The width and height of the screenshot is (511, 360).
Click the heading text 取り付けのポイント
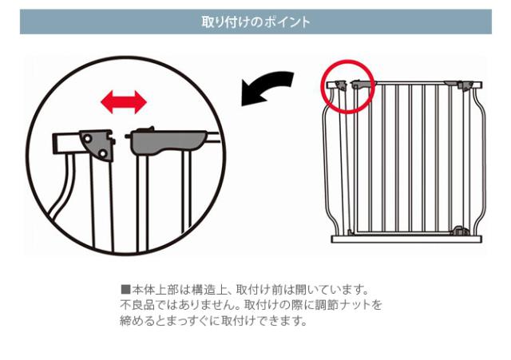255,22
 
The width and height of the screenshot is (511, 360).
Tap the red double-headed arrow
123,101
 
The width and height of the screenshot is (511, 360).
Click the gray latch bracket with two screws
98,144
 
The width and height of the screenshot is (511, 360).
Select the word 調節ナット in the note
348,305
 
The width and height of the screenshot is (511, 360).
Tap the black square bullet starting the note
125,289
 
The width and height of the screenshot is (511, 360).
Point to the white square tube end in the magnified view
64,144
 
